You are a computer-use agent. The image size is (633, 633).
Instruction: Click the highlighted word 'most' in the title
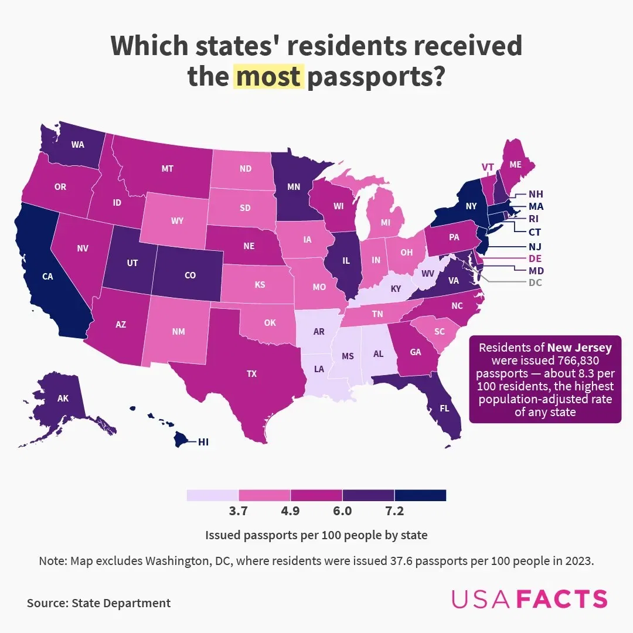(x=269, y=77)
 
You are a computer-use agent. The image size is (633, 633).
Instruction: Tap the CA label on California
(x=47, y=277)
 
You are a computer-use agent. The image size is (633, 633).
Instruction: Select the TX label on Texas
(x=251, y=373)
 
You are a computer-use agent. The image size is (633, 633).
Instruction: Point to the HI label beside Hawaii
(x=203, y=443)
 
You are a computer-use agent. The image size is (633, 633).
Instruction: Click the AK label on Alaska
(x=63, y=399)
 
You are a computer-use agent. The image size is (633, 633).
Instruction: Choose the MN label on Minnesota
(x=294, y=188)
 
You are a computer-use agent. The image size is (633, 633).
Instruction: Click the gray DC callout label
(x=535, y=283)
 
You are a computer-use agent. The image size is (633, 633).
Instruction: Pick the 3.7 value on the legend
(x=238, y=511)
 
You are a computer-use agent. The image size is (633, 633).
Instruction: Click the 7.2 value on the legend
(x=394, y=511)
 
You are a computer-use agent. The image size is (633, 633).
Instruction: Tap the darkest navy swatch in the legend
(x=420, y=495)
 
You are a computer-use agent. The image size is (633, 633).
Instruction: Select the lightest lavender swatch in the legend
(x=212, y=495)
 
